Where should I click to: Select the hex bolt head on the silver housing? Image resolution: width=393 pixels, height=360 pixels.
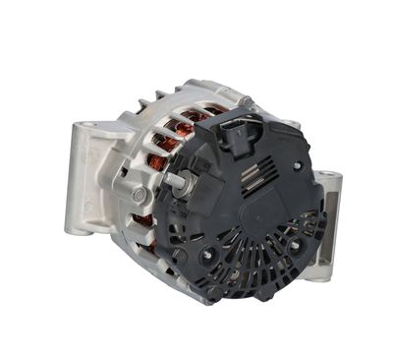[x=139, y=196]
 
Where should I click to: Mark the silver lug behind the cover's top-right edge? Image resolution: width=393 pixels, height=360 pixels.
[x=292, y=125]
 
